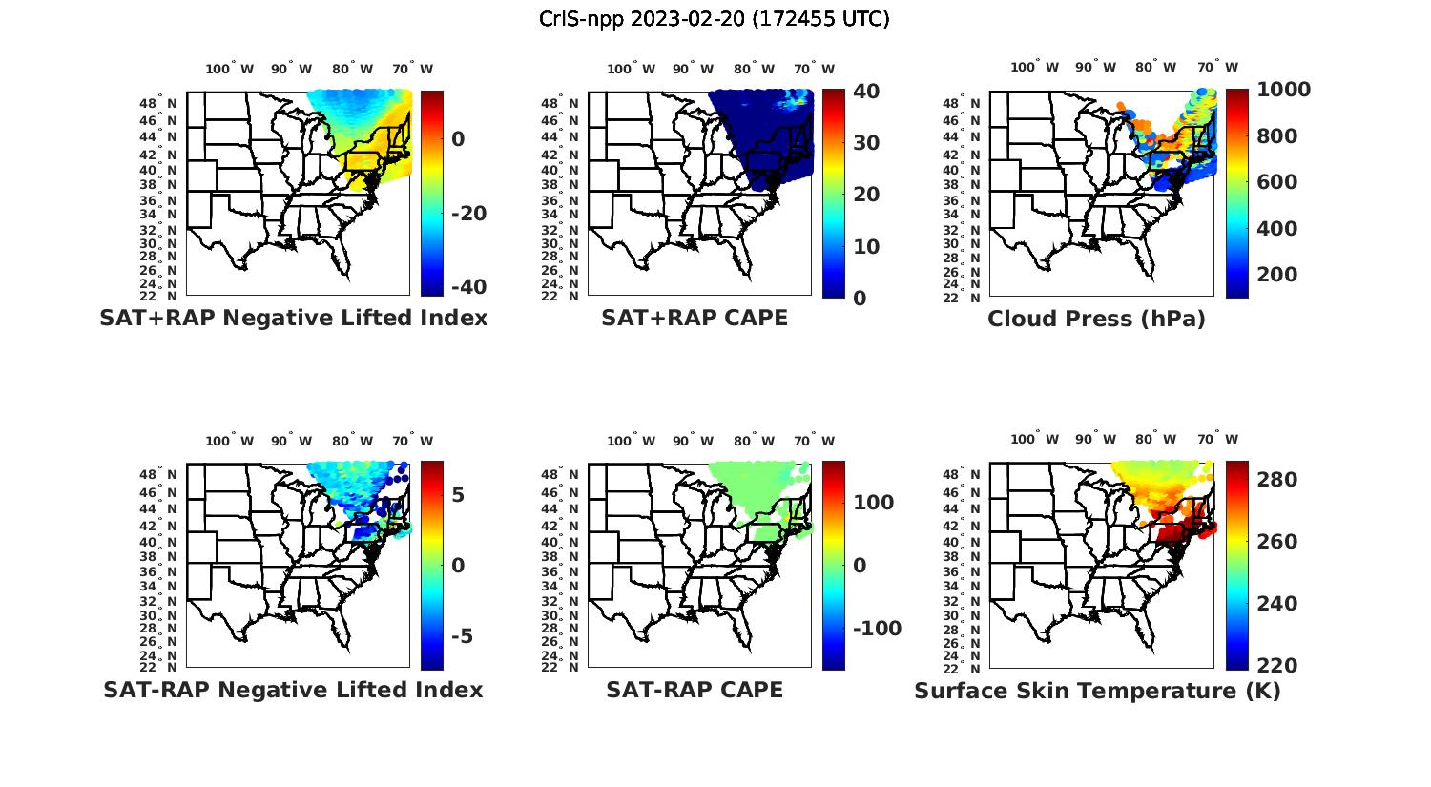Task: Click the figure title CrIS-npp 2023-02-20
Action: (714, 19)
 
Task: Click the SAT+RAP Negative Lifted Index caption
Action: (293, 318)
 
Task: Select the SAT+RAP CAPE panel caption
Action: (695, 318)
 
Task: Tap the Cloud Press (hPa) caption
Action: (1096, 319)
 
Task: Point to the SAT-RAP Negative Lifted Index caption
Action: (293, 690)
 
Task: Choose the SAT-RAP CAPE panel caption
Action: (695, 690)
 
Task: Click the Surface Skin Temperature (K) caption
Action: (1097, 691)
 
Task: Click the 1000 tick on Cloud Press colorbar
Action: (1284, 90)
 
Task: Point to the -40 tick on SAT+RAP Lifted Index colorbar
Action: (467, 287)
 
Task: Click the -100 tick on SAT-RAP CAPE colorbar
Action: (876, 629)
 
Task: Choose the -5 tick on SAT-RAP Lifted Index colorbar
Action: (458, 636)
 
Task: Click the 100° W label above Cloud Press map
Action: (1035, 68)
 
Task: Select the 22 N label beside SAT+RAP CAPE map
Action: (560, 296)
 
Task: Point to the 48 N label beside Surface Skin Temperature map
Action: (962, 474)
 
